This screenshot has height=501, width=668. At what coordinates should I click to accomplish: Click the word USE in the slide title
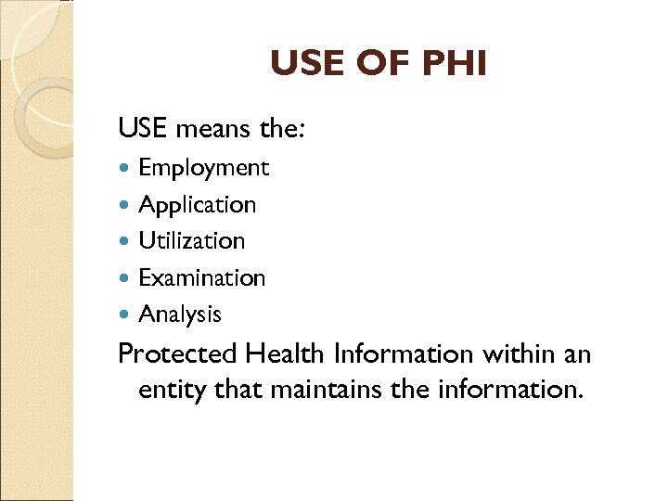[x=302, y=65]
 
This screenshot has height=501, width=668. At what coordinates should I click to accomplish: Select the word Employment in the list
[x=203, y=168]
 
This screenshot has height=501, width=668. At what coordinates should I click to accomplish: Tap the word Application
[x=197, y=204]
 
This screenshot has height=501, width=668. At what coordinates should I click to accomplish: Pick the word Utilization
[x=191, y=240]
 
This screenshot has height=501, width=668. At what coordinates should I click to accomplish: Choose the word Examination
[x=201, y=277]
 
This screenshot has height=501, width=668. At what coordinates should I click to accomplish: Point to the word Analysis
[x=180, y=314]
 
